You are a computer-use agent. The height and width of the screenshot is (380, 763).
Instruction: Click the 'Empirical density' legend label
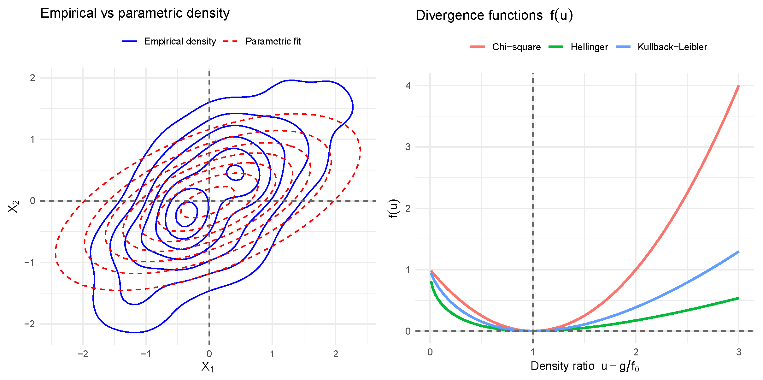(180, 41)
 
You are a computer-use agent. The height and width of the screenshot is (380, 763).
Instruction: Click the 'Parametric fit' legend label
(273, 41)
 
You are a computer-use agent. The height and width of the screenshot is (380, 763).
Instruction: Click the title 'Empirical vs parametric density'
(135, 13)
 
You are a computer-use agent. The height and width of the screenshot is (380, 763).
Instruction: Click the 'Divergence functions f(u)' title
(494, 15)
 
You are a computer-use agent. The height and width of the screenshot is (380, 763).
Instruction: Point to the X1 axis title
(208, 367)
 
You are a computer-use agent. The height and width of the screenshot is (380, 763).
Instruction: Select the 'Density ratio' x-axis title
(584, 366)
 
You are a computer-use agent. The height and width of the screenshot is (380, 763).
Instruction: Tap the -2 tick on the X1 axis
(83, 354)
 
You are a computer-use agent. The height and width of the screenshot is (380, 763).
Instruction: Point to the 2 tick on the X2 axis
(32, 78)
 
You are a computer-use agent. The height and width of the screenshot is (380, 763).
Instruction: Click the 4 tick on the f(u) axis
(408, 86)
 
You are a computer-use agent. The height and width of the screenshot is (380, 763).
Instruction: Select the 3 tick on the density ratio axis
(738, 352)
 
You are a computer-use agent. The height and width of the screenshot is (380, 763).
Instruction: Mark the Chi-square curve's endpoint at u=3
(738, 86)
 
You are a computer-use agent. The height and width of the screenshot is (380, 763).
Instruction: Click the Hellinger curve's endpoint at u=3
(738, 298)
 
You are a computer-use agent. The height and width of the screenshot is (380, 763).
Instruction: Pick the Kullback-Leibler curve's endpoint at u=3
(738, 252)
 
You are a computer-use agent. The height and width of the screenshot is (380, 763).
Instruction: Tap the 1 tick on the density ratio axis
(533, 352)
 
